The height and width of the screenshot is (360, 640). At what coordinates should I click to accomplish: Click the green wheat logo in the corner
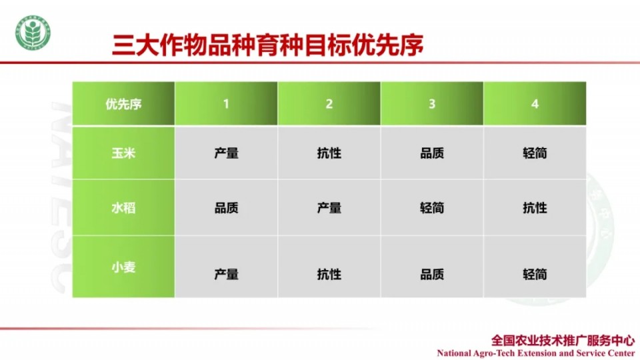pyautogui.click(x=33, y=33)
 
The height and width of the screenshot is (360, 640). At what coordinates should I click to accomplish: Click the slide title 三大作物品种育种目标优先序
pyautogui.click(x=268, y=45)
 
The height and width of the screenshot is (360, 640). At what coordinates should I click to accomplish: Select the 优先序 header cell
pyautogui.click(x=124, y=104)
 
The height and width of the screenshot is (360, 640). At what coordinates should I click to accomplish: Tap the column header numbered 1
pyautogui.click(x=226, y=104)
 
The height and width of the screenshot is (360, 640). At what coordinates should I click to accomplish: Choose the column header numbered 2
pyautogui.click(x=329, y=104)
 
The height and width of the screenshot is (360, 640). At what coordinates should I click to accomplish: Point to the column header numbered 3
pyautogui.click(x=432, y=104)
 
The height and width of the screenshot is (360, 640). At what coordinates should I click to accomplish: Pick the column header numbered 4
pyautogui.click(x=535, y=104)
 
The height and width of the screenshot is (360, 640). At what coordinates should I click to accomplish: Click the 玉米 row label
pyautogui.click(x=124, y=153)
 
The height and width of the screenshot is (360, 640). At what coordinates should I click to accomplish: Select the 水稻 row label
pyautogui.click(x=124, y=208)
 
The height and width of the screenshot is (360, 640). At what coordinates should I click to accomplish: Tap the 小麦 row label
pyautogui.click(x=124, y=267)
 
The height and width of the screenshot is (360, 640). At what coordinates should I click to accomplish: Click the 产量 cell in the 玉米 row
pyautogui.click(x=226, y=153)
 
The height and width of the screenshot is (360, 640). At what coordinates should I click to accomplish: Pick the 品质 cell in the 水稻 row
pyautogui.click(x=226, y=208)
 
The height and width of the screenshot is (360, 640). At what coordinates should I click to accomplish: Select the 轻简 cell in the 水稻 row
pyautogui.click(x=432, y=208)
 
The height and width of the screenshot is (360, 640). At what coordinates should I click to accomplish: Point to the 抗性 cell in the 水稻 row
pyautogui.click(x=535, y=208)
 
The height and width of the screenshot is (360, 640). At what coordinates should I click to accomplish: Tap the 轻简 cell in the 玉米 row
pyautogui.click(x=535, y=153)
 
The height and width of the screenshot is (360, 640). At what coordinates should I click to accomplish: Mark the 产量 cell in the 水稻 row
pyautogui.click(x=329, y=208)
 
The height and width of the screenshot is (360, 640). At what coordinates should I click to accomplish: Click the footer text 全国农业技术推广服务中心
pyautogui.click(x=563, y=341)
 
